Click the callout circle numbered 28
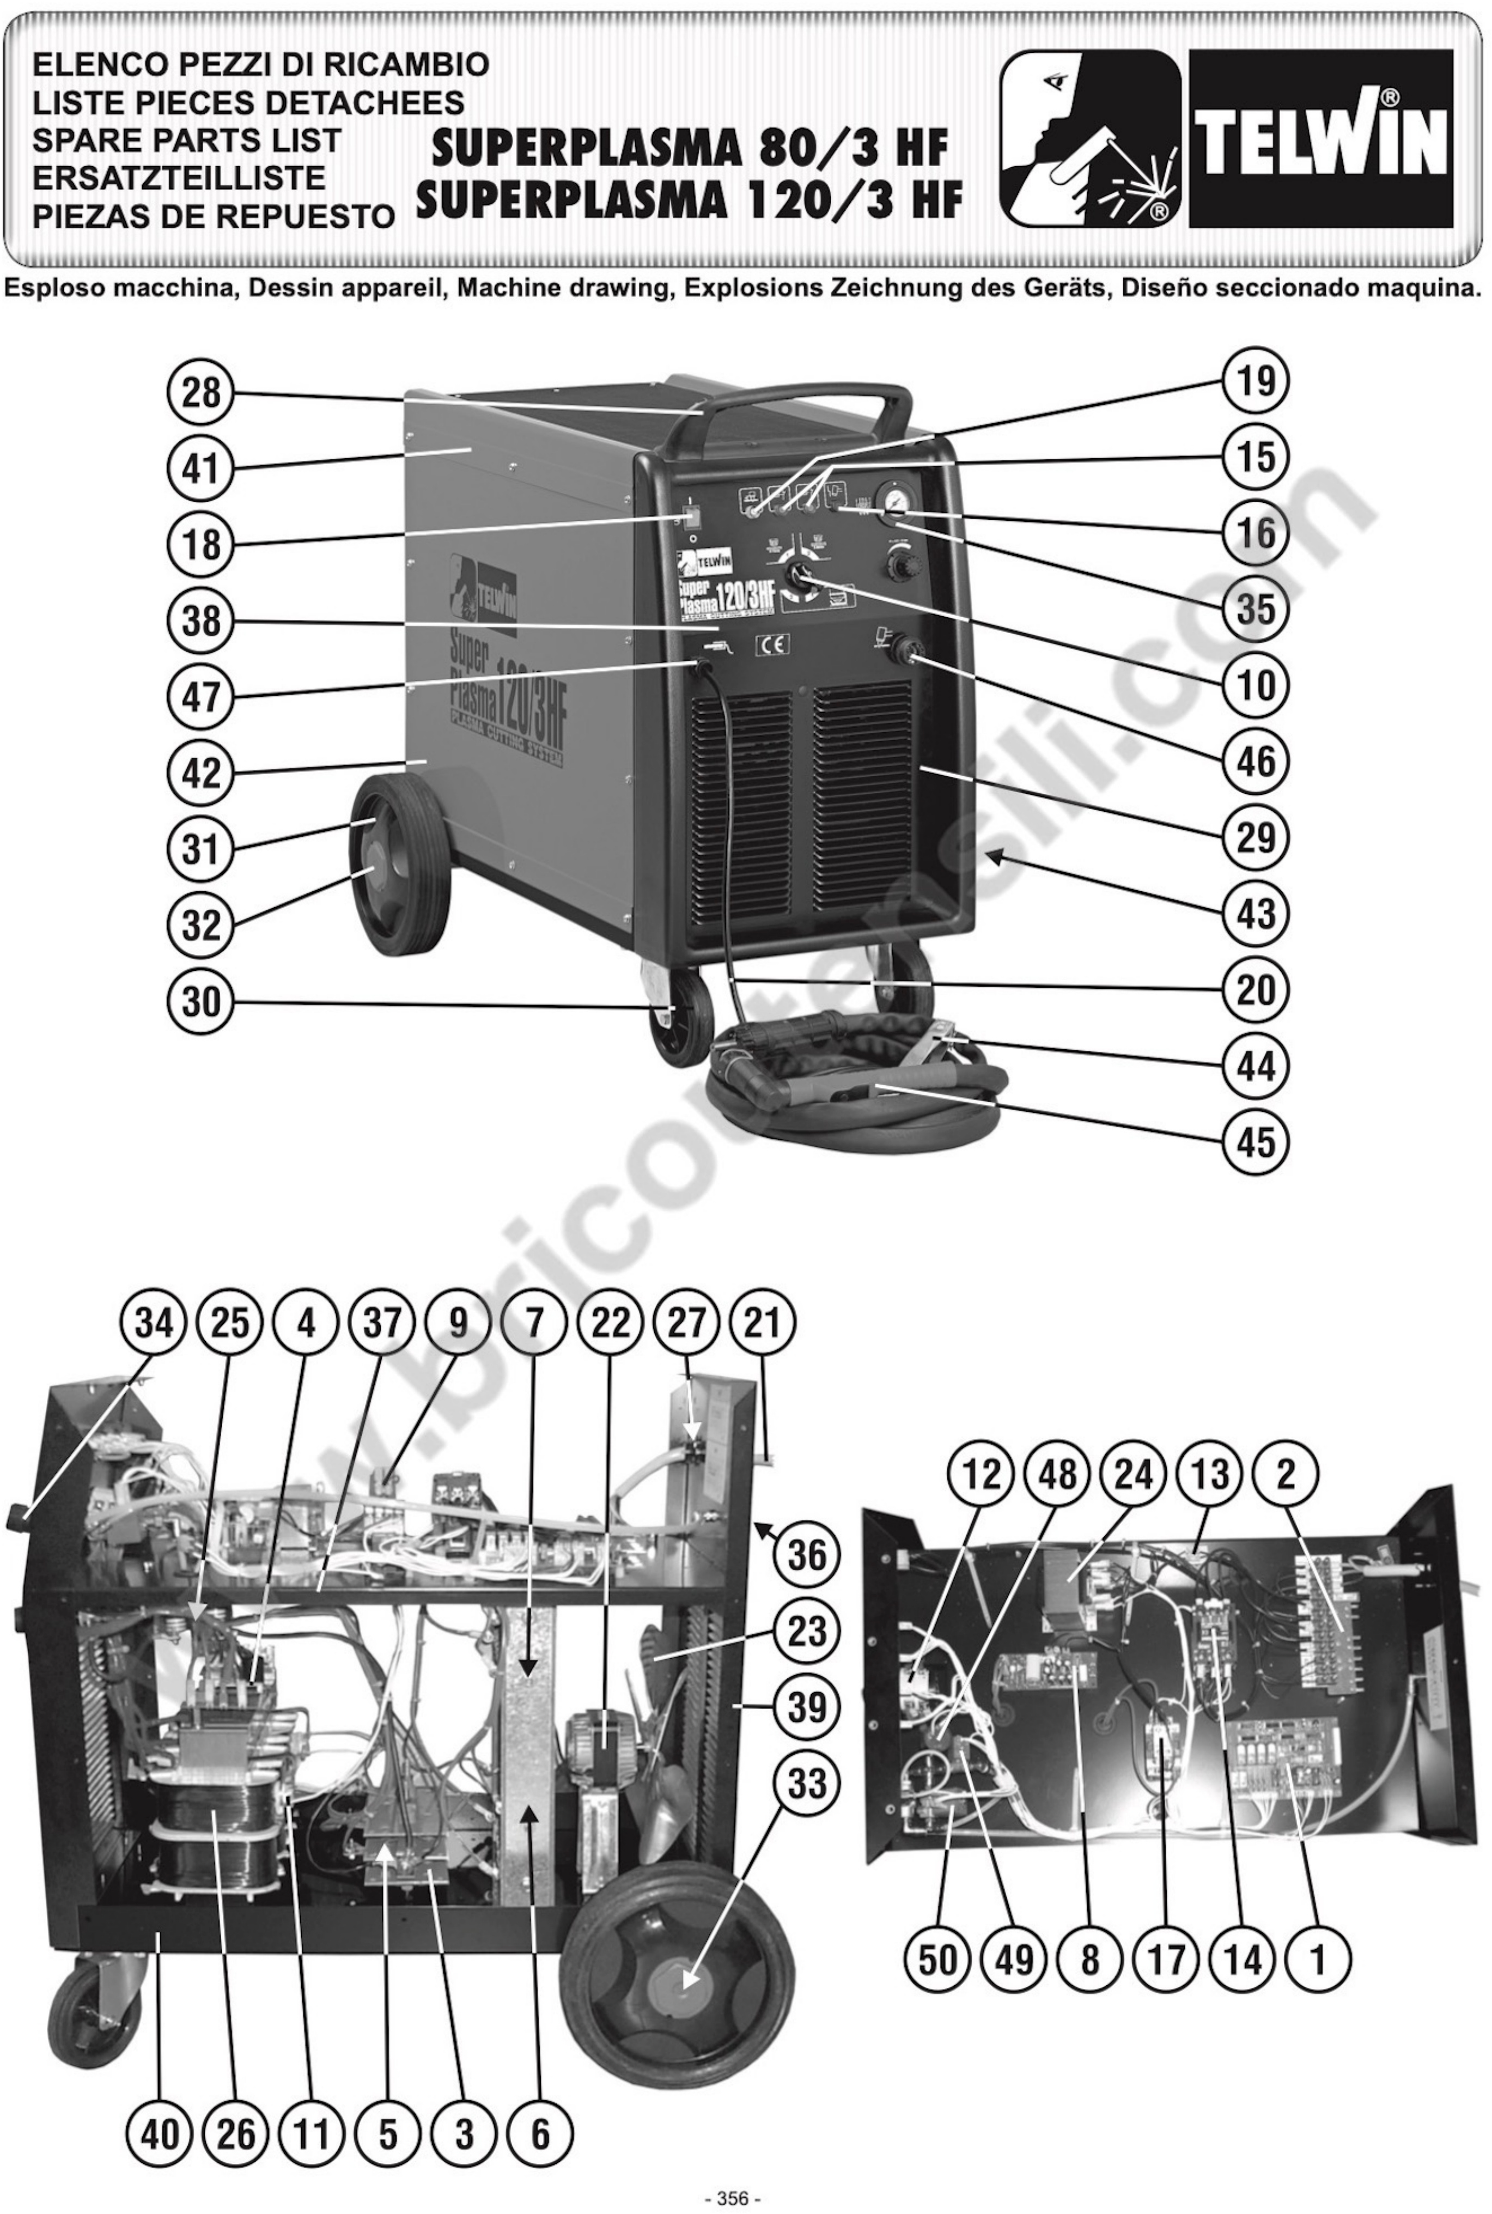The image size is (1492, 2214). pyautogui.click(x=201, y=393)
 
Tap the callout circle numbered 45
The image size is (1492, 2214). pyautogui.click(x=1255, y=1141)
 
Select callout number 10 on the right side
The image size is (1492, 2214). pyautogui.click(x=1255, y=684)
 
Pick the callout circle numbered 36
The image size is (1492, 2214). pyautogui.click(x=807, y=1555)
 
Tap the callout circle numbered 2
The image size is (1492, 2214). pyautogui.click(x=1286, y=1474)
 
